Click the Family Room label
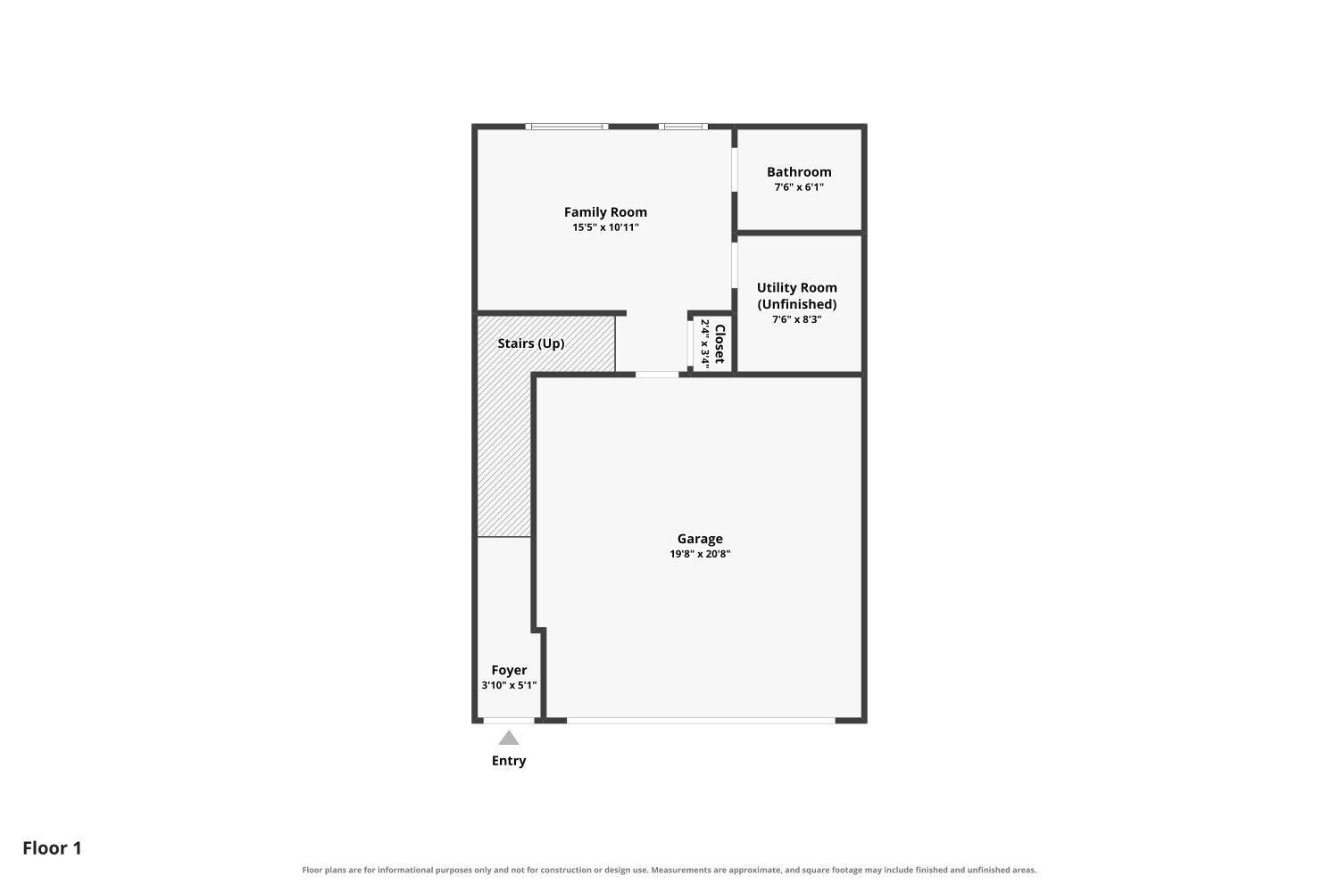(x=605, y=212)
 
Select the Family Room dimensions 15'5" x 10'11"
(x=605, y=227)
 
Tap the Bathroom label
(x=799, y=172)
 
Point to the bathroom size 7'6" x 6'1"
(x=799, y=187)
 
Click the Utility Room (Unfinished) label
(x=797, y=296)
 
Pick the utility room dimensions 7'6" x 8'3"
(x=797, y=319)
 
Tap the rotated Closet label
(x=719, y=343)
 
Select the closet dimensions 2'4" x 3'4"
(x=705, y=343)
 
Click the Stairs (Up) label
(x=531, y=343)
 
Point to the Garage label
(x=700, y=539)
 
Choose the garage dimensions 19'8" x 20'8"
(x=700, y=554)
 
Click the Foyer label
(x=509, y=671)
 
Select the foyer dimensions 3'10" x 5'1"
(x=509, y=685)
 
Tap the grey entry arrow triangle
(x=509, y=739)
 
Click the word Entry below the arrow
(x=509, y=761)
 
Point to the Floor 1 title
(x=52, y=848)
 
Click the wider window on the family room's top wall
(x=567, y=127)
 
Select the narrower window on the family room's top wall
(x=683, y=127)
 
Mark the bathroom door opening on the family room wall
(x=735, y=169)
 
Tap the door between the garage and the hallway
(x=657, y=375)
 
